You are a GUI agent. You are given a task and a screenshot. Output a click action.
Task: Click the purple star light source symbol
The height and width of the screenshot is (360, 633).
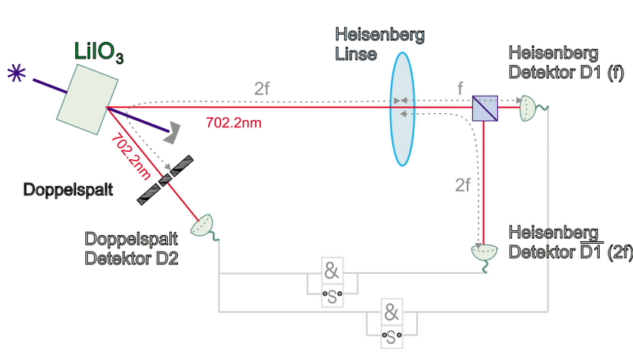tap(17, 74)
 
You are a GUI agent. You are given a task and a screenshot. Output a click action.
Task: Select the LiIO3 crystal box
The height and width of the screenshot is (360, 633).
tap(87, 99)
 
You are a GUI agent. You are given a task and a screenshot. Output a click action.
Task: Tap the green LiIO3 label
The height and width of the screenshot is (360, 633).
tap(99, 52)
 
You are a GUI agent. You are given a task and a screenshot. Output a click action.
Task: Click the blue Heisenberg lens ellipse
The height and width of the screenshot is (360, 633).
tap(402, 109)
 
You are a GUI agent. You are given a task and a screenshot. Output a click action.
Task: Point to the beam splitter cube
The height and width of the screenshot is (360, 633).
tap(485, 108)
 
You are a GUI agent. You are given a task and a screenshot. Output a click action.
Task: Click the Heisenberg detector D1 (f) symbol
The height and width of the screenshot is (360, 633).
tap(529, 108)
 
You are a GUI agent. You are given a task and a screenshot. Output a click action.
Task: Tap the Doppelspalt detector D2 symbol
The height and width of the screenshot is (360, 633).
tap(203, 227)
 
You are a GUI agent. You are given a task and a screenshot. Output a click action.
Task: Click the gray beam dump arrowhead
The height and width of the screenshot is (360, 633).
tap(172, 133)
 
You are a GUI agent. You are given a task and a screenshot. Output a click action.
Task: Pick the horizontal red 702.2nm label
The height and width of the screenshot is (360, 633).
tap(233, 123)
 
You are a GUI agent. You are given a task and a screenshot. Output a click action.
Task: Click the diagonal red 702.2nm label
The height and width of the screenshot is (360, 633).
tap(131, 156)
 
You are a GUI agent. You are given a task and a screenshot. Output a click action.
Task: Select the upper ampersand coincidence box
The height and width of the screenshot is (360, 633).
tap(332, 271)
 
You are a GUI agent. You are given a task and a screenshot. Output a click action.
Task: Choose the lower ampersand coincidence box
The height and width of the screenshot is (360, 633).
tap(392, 312)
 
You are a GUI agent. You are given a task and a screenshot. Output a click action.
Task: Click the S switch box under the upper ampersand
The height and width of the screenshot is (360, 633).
tap(332, 296)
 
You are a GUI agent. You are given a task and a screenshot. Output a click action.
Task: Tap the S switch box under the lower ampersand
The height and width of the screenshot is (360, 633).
tap(392, 336)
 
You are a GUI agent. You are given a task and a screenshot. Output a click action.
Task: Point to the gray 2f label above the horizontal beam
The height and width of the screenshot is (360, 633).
tap(262, 89)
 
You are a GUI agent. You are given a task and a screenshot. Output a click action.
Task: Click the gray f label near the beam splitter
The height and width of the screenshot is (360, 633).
tap(460, 89)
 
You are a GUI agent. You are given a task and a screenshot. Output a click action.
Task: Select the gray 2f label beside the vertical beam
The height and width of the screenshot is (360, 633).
tap(463, 185)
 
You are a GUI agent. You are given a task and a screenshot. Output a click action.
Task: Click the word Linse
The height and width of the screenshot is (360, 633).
tap(356, 55)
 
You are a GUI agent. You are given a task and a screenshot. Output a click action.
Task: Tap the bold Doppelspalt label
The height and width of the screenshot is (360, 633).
tap(68, 190)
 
